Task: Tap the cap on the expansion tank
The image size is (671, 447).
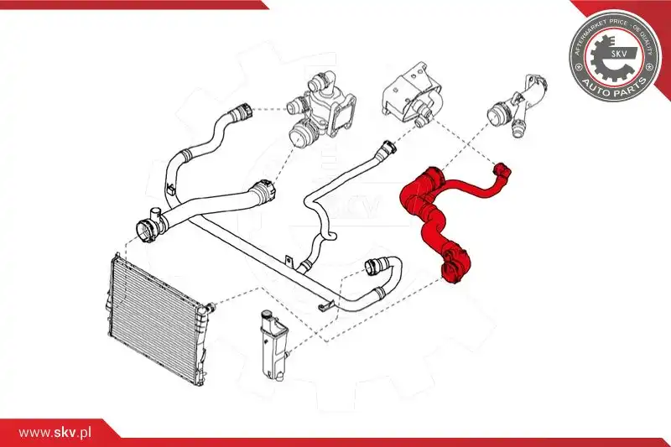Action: click(x=266, y=316)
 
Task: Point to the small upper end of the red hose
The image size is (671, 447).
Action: click(x=502, y=170)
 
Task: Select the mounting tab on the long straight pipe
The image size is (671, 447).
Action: click(x=289, y=259)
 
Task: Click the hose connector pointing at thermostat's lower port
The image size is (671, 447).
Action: click(x=261, y=191)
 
